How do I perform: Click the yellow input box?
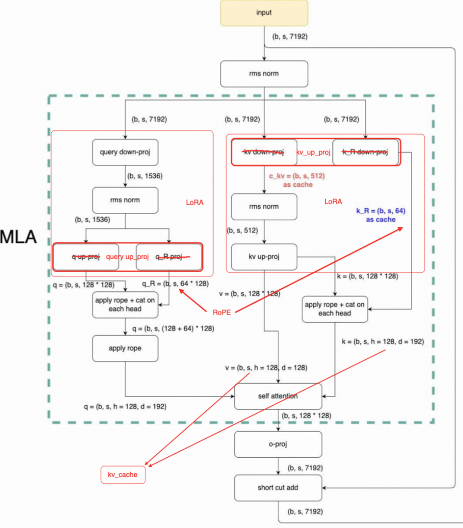click(264, 13)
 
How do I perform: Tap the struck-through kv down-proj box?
click(264, 152)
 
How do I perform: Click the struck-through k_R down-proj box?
click(365, 152)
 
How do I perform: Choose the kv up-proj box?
click(264, 257)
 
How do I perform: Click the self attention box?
click(278, 397)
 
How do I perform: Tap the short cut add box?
click(278, 488)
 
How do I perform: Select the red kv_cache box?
click(123, 474)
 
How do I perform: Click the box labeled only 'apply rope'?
click(125, 348)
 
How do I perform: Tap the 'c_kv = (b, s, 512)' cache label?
click(296, 176)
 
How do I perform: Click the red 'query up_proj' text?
click(127, 257)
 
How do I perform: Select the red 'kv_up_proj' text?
click(313, 153)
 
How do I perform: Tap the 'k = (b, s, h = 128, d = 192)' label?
click(382, 341)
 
